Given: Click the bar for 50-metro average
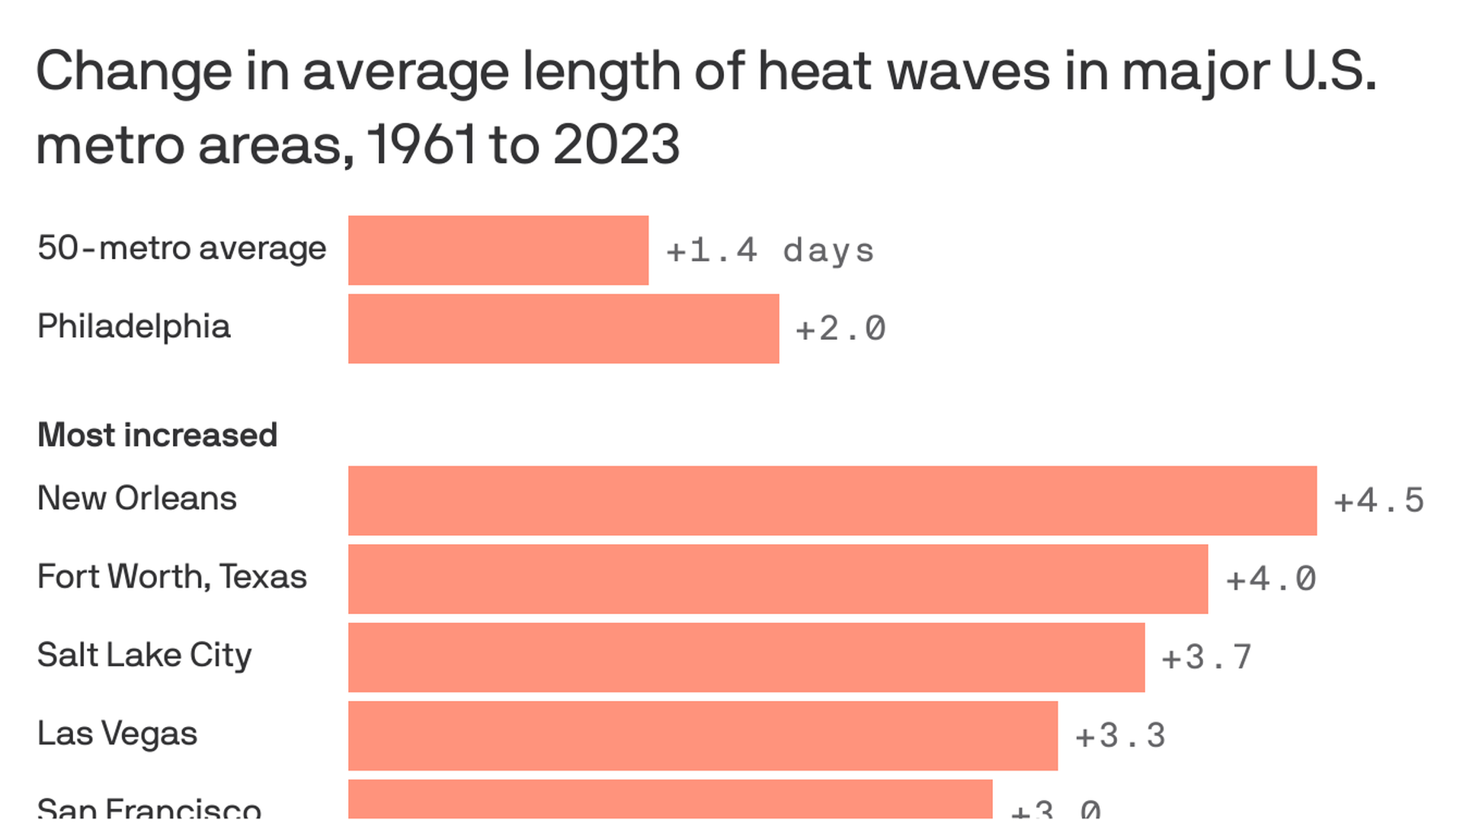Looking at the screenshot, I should pyautogui.click(x=498, y=250).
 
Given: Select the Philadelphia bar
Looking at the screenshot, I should pyautogui.click(x=564, y=328).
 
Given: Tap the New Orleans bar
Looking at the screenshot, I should pyautogui.click(x=832, y=500).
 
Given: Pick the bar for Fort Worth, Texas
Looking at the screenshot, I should pyautogui.click(x=778, y=578).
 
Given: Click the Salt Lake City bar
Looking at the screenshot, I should pyautogui.click(x=747, y=657).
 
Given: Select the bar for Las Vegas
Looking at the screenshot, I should pyautogui.click(x=703, y=735).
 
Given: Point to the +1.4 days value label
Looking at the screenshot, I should pyautogui.click(x=770, y=251).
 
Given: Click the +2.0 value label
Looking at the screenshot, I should pyautogui.click(x=840, y=329).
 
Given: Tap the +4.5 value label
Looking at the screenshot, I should pyautogui.click(x=1379, y=501).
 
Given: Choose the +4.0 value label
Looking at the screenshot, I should pyautogui.click(x=1271, y=579).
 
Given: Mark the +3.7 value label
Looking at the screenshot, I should pyautogui.click(x=1207, y=658).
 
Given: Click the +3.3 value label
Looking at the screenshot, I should pyautogui.click(x=1120, y=736).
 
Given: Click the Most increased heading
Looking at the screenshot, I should pyautogui.click(x=157, y=435).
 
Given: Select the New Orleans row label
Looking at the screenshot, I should pyautogui.click(x=137, y=498).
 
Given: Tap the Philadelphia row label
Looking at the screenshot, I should pyautogui.click(x=134, y=327).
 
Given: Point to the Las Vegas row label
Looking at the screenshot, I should pyautogui.click(x=117, y=734).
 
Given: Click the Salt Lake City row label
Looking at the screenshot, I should pyautogui.click(x=145, y=655).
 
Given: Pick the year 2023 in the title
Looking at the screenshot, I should pyautogui.click(x=616, y=145).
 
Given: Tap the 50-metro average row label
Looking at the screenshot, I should pyautogui.click(x=182, y=248).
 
